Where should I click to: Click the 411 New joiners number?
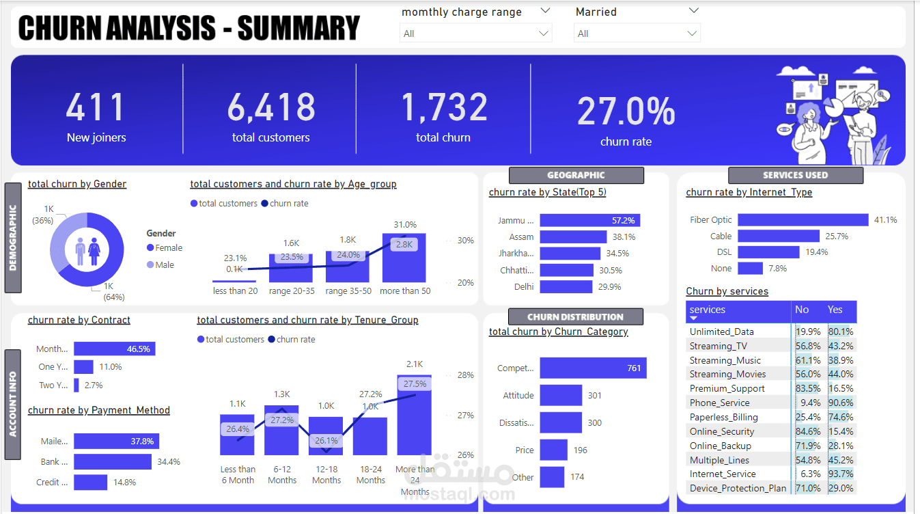tap(96, 107)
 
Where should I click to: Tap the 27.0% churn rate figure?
tap(626, 111)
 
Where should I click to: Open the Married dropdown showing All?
tap(637, 33)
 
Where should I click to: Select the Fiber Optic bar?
tap(803, 220)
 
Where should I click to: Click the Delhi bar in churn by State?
tap(566, 287)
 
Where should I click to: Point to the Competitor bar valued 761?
tap(593, 368)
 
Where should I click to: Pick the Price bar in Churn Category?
tap(553, 450)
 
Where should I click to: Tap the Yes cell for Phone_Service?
tap(840, 403)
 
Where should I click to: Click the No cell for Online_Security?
tap(808, 432)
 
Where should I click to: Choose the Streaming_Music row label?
tap(725, 360)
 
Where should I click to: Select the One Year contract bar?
tap(83, 367)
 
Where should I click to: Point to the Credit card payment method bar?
tap(90, 483)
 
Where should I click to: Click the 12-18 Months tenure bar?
tap(326, 436)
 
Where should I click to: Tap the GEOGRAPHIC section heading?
tap(576, 175)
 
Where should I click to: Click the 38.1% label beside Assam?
tap(624, 237)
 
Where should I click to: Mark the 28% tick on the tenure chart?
tap(465, 375)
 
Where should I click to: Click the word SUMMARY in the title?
tap(298, 29)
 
